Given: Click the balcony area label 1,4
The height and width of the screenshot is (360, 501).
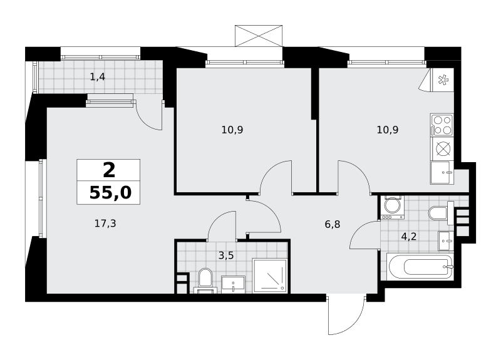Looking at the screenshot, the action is click(x=98, y=77).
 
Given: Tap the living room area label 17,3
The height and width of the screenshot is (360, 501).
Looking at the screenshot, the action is click(x=105, y=224).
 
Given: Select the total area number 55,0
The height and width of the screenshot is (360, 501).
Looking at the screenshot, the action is click(x=110, y=193).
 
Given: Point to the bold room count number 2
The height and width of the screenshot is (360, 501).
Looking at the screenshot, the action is click(x=109, y=170).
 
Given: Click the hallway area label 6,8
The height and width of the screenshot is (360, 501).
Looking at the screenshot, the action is click(x=333, y=225).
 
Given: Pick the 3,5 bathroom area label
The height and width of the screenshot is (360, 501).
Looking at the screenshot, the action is click(x=226, y=255).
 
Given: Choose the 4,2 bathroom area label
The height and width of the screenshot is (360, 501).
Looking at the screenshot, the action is click(x=409, y=237).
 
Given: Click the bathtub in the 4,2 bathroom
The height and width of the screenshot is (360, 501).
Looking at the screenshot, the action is click(x=420, y=267).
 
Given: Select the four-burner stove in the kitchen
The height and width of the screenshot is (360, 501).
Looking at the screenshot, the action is click(x=442, y=125).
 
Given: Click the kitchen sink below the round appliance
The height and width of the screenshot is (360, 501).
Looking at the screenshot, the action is click(x=442, y=173).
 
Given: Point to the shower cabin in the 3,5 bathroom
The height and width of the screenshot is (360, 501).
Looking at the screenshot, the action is click(x=270, y=275).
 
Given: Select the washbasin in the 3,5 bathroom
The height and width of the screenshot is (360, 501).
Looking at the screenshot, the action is click(x=233, y=284).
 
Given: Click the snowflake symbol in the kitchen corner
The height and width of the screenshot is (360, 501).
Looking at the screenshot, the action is click(x=443, y=80).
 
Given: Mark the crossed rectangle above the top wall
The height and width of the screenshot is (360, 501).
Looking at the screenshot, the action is click(x=259, y=36).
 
